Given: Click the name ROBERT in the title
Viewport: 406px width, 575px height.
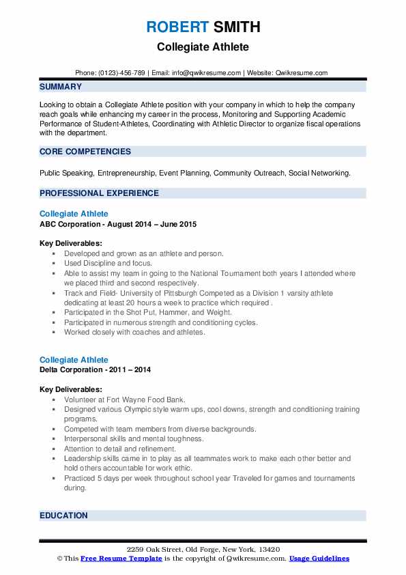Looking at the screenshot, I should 175,27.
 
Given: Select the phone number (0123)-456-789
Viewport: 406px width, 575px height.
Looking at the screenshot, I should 120,72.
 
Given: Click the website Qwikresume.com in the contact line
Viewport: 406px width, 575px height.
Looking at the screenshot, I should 302,72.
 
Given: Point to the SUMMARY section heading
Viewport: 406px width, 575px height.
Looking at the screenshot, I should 61,87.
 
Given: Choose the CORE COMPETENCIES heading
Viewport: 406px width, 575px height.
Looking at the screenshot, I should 85,152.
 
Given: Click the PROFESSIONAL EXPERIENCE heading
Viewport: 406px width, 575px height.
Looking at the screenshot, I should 99,193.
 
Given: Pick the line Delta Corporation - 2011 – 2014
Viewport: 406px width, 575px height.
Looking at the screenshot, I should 96,369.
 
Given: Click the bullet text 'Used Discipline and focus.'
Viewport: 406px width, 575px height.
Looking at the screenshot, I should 108,263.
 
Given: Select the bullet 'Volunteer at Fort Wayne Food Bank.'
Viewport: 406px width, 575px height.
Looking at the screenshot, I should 124,399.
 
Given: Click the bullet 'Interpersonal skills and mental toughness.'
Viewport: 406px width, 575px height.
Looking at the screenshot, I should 134,439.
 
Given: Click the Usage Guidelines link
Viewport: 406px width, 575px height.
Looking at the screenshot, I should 319,559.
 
